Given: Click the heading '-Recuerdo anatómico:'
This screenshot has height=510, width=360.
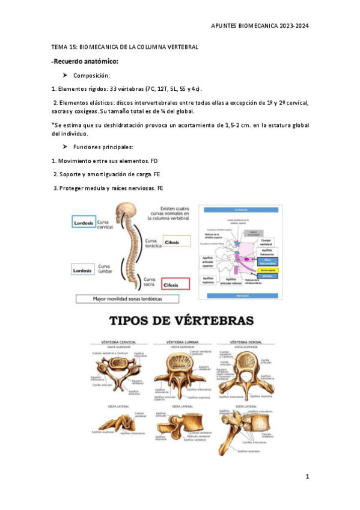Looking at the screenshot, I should point(85,61).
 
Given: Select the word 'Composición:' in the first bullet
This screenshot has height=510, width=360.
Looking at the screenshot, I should point(91,76).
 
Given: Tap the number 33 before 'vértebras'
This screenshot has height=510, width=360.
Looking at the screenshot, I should point(113,89).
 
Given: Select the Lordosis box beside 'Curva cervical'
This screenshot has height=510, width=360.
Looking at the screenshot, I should point(83,223).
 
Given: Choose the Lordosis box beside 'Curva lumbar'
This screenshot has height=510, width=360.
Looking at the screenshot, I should point(83,271).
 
